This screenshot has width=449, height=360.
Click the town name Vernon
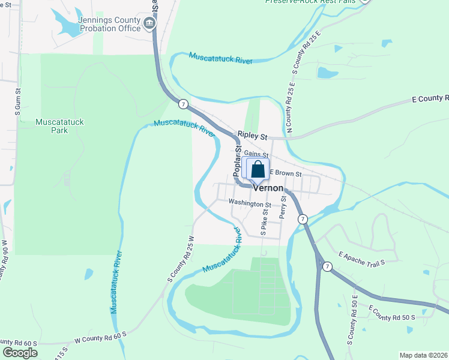pyautogui.click(x=268, y=188)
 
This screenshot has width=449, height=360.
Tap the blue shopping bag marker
pyautogui.click(x=258, y=170)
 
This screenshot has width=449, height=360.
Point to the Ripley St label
pyautogui.click(x=251, y=136)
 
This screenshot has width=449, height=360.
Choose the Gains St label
pyautogui.click(x=256, y=154)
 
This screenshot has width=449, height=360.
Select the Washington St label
pyautogui.click(x=250, y=204)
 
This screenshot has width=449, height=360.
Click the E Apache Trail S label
pyautogui.click(x=361, y=258)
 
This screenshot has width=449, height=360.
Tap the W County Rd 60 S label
pyautogui.click(x=101, y=337)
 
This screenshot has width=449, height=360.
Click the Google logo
pyautogui.click(x=20, y=353)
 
